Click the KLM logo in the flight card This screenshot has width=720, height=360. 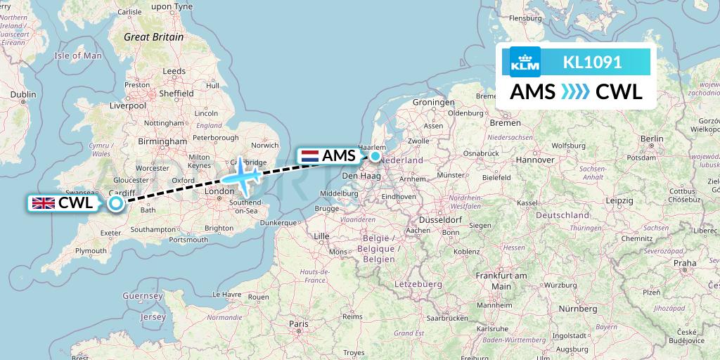click(525, 62)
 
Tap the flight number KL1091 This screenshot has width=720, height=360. click(592, 62)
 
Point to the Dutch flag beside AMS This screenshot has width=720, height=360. click(309, 156)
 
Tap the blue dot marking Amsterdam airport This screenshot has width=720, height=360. click(375, 156)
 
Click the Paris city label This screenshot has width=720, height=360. click(299, 323)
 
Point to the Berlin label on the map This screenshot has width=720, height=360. click(652, 139)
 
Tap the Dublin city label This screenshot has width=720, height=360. click(22, 94)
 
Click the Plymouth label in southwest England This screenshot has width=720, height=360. click(91, 250)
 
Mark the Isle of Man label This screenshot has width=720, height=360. click(78, 56)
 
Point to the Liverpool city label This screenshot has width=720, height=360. click(128, 105)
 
